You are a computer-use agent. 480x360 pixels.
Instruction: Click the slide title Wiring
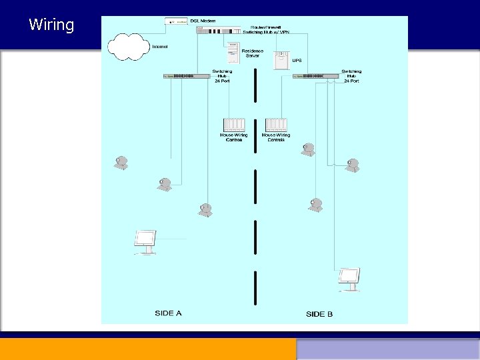pyautogui.click(x=51, y=25)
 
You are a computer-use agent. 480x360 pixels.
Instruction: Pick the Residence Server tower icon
pyautogui.click(x=232, y=52)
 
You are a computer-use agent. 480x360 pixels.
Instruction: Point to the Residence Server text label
pyautogui.click(x=253, y=53)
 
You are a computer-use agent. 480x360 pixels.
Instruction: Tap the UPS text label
pyautogui.click(x=297, y=60)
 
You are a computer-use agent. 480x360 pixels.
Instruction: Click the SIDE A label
pyautogui.click(x=168, y=313)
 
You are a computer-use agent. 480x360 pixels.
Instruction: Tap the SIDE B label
pyautogui.click(x=319, y=314)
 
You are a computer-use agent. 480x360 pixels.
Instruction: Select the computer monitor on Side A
pyautogui.click(x=145, y=241)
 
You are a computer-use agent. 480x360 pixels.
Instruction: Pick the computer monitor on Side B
pyautogui.click(x=349, y=278)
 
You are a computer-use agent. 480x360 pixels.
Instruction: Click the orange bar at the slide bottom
pyautogui.click(x=148, y=349)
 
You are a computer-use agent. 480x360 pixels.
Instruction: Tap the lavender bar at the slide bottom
pyautogui.click(x=388, y=349)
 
